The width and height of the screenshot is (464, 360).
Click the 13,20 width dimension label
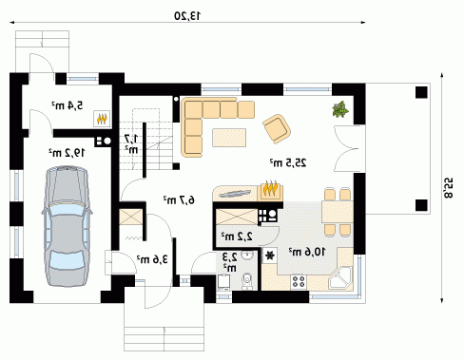(x=187, y=15)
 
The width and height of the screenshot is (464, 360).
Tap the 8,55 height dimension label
(x=448, y=188)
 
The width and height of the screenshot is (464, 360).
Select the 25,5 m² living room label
(x=288, y=162)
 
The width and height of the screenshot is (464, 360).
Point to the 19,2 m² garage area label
(x=67, y=153)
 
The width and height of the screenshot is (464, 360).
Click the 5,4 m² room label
(x=68, y=105)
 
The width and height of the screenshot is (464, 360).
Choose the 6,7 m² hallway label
(x=179, y=199)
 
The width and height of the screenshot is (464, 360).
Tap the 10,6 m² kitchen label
(x=307, y=252)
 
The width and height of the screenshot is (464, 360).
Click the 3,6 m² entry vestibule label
(x=152, y=259)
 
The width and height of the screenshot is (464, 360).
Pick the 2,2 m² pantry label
(x=237, y=237)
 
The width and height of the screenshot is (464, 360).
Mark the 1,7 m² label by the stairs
(x=131, y=143)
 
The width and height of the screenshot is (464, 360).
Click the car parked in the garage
(x=67, y=226)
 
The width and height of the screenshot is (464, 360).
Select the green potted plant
(x=340, y=109)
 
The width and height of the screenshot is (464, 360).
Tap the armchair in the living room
(x=277, y=129)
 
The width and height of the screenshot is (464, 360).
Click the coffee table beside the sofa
(x=229, y=138)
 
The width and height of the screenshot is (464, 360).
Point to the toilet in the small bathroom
(x=247, y=281)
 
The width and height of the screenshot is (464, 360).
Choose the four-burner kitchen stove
(x=299, y=281)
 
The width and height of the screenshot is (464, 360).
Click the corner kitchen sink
(x=340, y=278)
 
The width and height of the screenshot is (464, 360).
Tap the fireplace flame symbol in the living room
(x=271, y=189)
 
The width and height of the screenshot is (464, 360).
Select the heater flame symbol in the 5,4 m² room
(x=102, y=119)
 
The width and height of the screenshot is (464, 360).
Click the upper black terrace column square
(x=421, y=92)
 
